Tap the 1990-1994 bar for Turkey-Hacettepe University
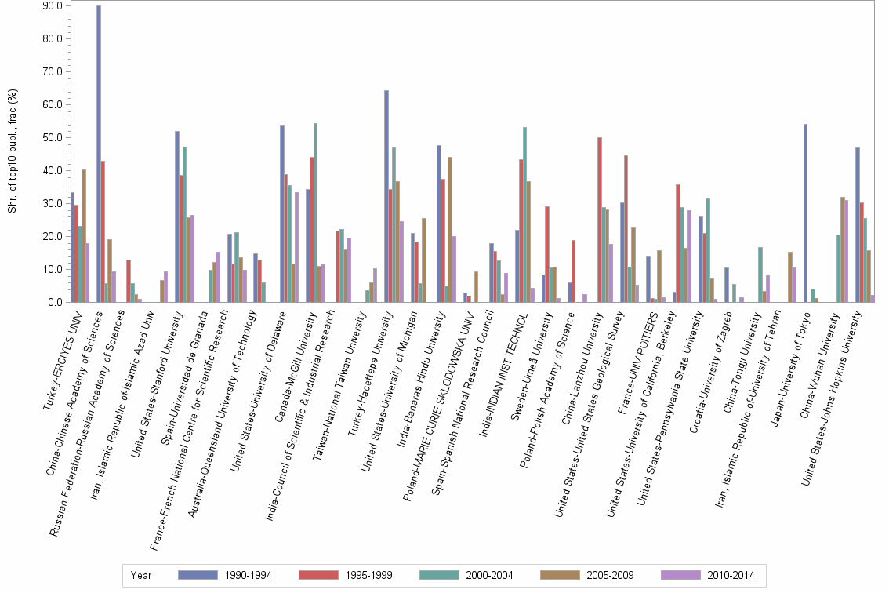pos(386,196)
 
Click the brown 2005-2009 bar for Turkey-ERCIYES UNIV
pos(84,235)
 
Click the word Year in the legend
pos(142,575)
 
